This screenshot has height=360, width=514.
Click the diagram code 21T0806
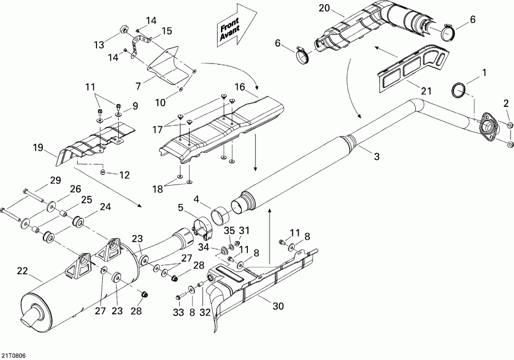pos(13,355)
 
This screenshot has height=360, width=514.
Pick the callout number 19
pos(38,149)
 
